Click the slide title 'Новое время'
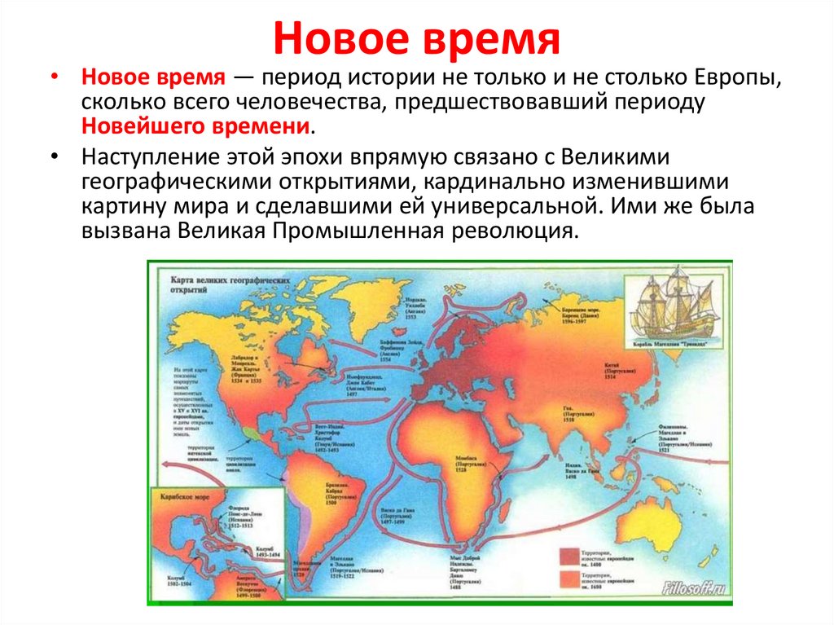pyautogui.click(x=416, y=39)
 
